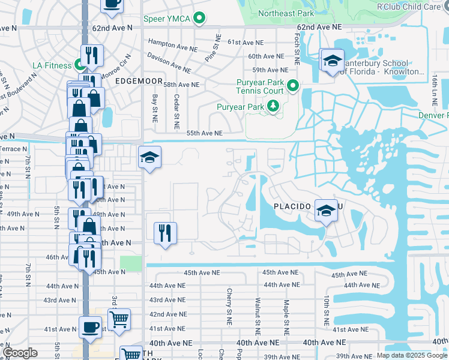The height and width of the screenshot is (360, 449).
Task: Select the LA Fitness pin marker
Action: (79, 65)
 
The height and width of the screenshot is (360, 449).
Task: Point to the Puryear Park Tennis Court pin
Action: (292, 85)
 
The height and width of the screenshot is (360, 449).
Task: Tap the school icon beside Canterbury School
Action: (332, 61)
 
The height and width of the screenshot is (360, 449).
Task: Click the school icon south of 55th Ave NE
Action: (149, 158)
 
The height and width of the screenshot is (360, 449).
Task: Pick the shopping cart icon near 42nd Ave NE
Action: (119, 319)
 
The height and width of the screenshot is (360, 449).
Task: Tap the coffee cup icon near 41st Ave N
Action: (90, 328)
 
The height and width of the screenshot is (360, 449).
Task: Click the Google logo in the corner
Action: (20, 353)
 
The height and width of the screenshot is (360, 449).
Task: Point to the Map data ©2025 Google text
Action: (412, 355)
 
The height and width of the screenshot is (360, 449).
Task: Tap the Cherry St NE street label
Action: (229, 307)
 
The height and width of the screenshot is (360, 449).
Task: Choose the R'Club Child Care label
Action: (408, 7)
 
